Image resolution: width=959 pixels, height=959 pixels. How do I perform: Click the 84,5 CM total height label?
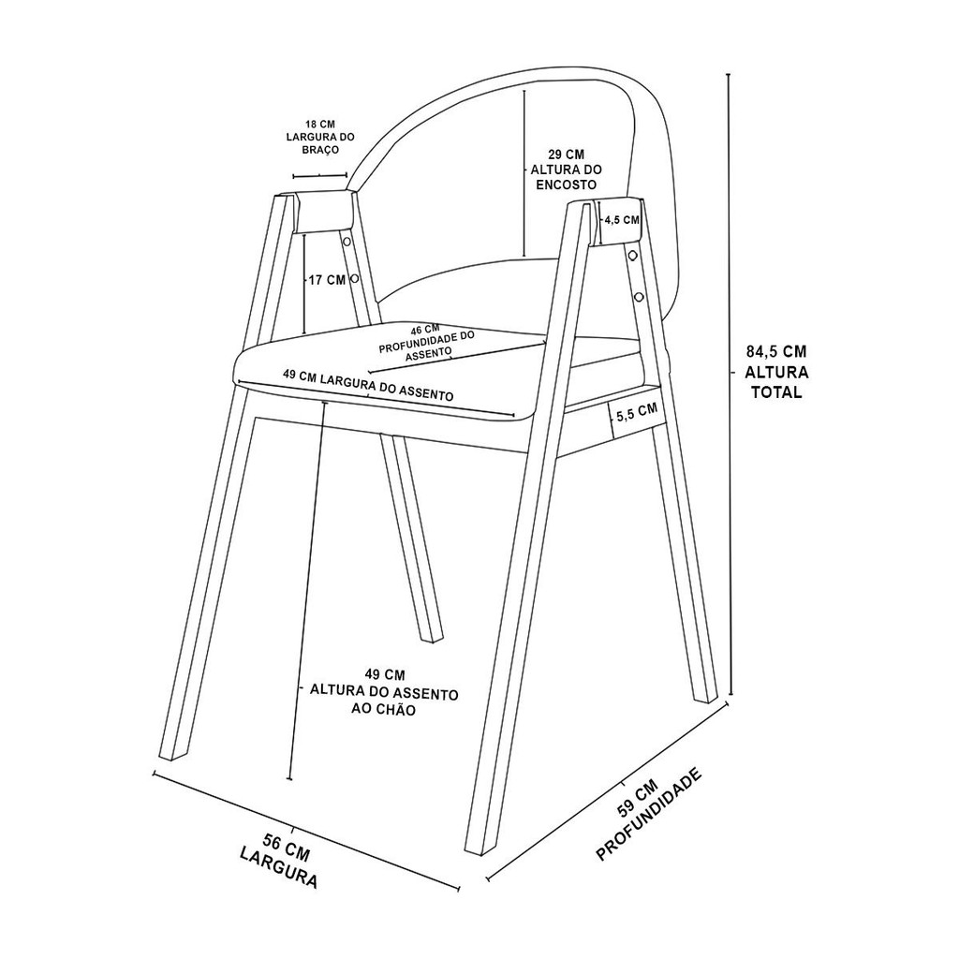776,352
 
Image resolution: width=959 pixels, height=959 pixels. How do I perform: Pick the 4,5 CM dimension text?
622,219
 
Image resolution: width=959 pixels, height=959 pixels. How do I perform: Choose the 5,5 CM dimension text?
637,413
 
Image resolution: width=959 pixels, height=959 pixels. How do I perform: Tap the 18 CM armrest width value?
320,125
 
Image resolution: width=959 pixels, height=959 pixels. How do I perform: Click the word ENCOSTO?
567,184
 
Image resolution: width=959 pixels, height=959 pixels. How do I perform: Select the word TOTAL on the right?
776,392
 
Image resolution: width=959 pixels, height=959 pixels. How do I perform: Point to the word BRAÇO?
320,151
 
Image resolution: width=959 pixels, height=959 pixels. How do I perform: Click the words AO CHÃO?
383,710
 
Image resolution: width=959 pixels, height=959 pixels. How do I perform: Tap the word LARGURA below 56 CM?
279,867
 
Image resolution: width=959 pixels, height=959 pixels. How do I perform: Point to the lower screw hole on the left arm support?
354,279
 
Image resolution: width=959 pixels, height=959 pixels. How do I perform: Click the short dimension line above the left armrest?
320,176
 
